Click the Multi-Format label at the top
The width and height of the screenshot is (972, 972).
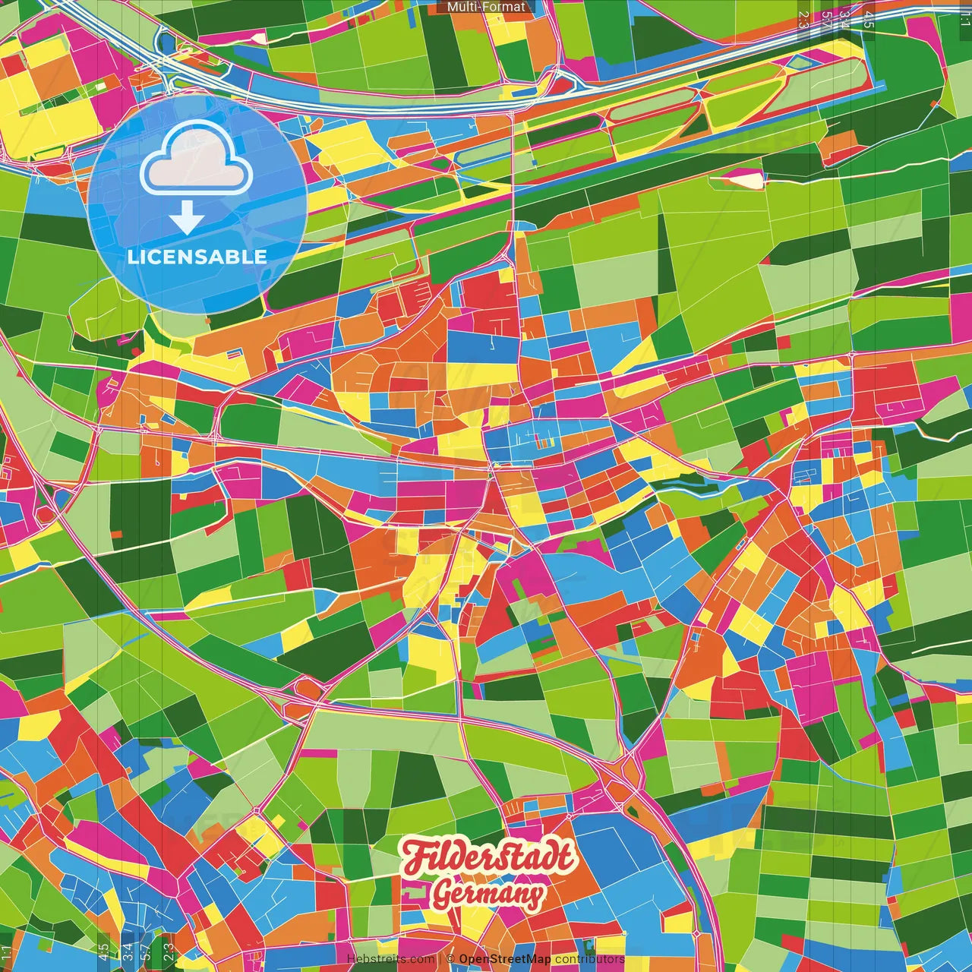[x=486, y=7]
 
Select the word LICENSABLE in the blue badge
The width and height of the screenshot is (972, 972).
[x=197, y=257]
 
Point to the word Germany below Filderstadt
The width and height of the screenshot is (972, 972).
[x=488, y=895]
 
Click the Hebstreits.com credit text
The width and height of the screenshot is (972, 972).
[x=390, y=959]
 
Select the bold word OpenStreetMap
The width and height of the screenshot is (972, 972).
[x=505, y=959]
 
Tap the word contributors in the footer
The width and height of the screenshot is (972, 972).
[x=589, y=959]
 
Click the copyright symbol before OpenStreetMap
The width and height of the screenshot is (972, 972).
[x=450, y=959]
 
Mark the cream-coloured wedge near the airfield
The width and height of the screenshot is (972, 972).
[x=748, y=180]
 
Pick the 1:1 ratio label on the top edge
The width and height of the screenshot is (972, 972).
[x=964, y=14]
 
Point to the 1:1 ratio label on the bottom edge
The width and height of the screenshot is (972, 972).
[x=7, y=954]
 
